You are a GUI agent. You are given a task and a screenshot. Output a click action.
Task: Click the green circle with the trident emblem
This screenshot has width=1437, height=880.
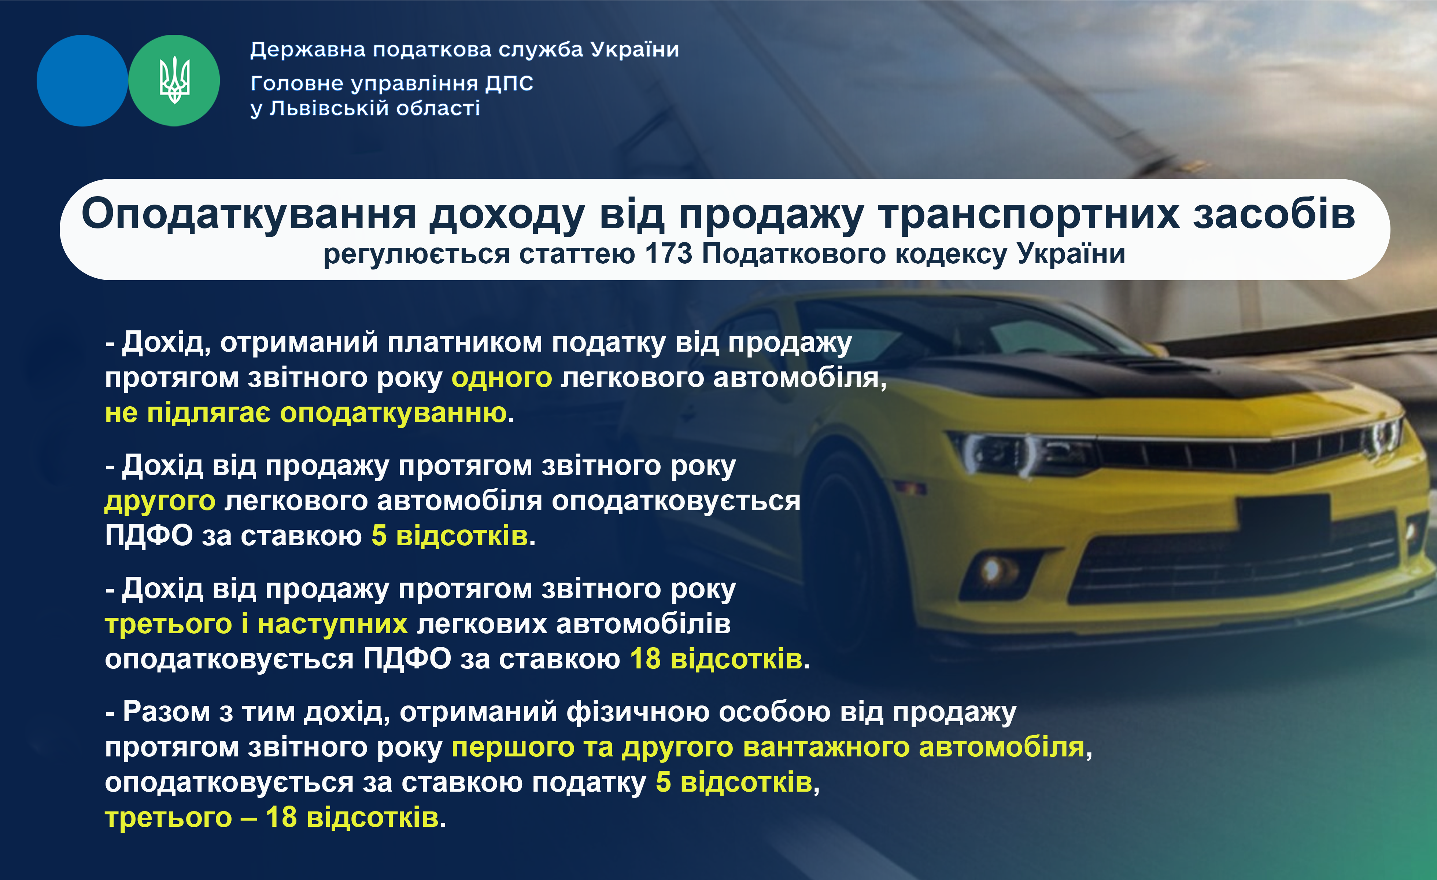[174, 81]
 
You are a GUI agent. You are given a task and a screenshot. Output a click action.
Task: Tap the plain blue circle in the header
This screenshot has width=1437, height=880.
[82, 81]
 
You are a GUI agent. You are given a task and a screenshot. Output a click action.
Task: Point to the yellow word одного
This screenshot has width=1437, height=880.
[502, 378]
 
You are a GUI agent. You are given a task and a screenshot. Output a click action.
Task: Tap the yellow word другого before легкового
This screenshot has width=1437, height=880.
[160, 501]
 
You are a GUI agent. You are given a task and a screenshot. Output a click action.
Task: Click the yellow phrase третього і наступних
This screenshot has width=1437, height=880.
[256, 624]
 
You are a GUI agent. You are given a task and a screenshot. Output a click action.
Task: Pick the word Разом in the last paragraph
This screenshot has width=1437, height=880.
[166, 712]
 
